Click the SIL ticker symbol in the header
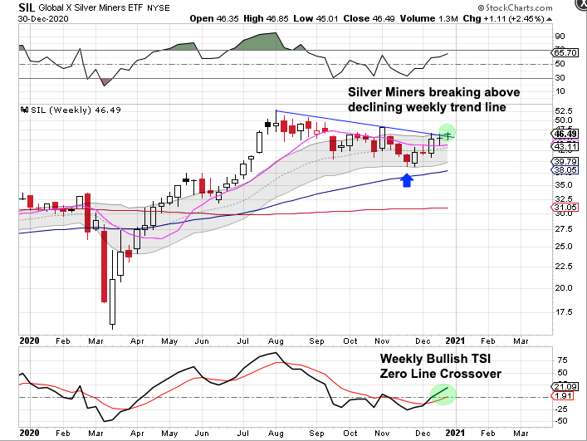(x=13, y=7)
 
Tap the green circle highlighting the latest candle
(x=448, y=133)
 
